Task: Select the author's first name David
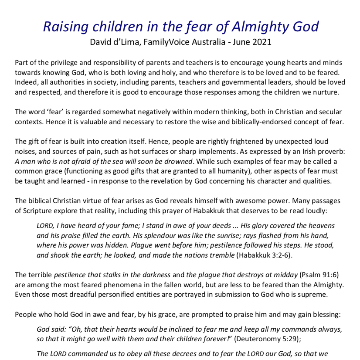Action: click(101, 43)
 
